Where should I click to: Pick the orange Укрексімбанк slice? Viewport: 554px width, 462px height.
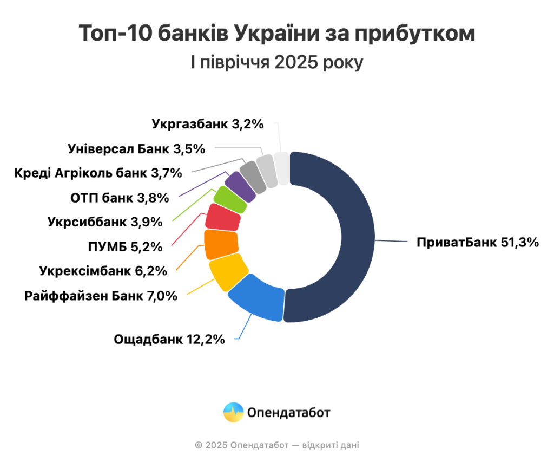pos(221,244)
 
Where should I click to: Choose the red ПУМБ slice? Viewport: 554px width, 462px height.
pos(223,218)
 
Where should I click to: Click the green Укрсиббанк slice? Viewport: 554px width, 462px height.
pos(230,198)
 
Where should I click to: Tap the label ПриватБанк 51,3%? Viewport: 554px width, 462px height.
pos(478,242)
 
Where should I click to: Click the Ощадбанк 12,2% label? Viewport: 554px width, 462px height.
pos(169,340)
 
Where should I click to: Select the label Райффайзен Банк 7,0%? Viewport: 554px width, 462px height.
pos(101,296)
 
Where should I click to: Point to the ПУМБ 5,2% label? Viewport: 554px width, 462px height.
pos(125,247)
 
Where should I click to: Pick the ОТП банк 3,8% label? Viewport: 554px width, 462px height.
pos(120,198)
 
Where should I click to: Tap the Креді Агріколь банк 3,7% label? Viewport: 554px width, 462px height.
pos(97,173)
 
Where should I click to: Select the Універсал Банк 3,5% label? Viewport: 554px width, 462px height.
pos(136,148)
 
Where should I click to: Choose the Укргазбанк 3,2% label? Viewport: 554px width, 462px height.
pos(208,124)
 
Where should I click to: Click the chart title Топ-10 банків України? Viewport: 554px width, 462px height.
pos(276,34)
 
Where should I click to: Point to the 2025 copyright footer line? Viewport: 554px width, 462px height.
pos(276,445)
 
